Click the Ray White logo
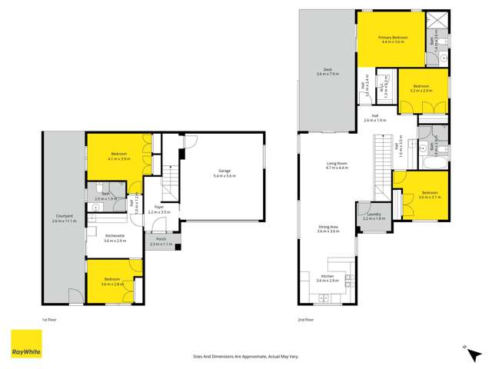pos(26,344)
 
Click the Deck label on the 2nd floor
pos(327,69)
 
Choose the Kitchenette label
pos(114,237)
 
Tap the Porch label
pos(161,239)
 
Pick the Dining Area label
pos(329,226)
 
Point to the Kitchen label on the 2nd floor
pos(327,275)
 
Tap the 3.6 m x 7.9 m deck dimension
pos(327,74)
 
